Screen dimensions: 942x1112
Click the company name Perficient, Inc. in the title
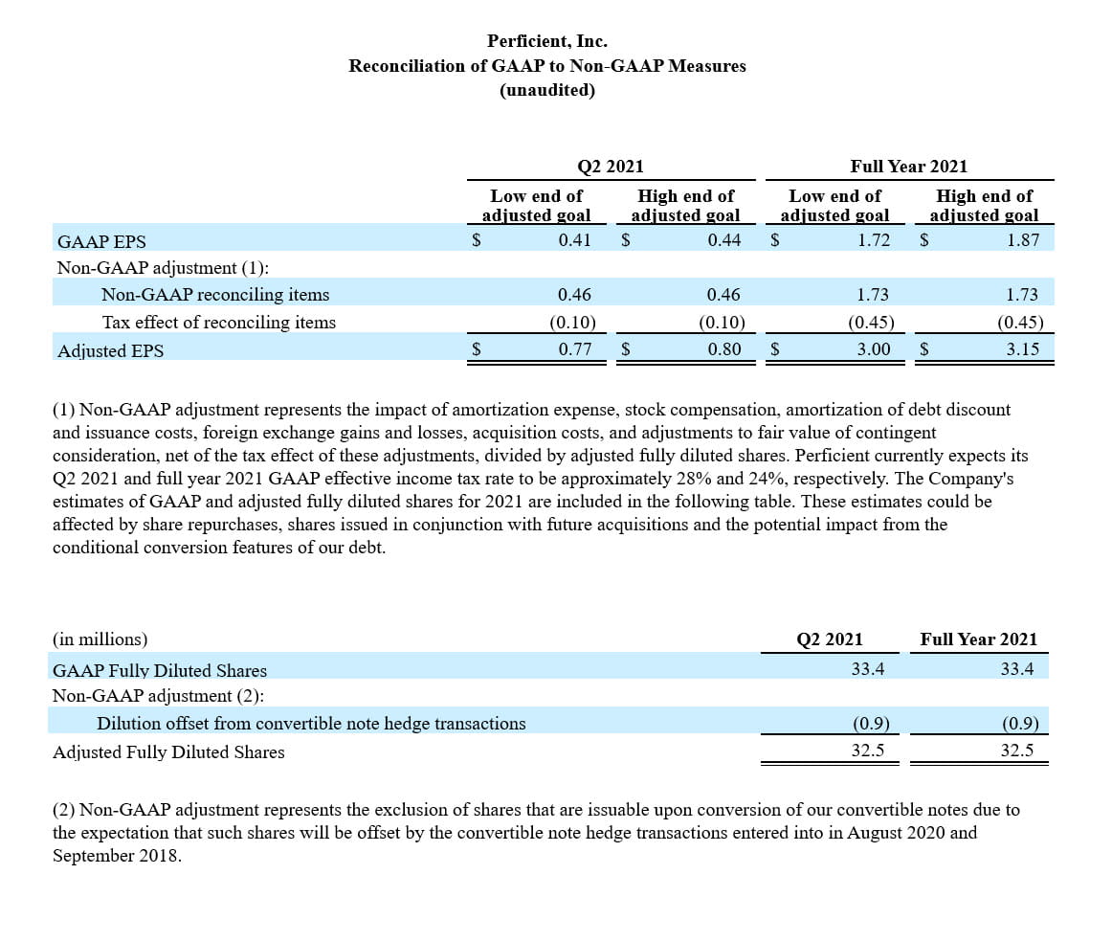(546, 41)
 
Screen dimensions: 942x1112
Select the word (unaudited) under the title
(546, 90)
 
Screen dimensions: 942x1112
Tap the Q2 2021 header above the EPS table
(611, 167)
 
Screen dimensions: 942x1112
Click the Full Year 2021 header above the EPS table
(908, 167)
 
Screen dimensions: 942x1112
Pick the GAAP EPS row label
(101, 240)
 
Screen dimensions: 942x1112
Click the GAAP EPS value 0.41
(574, 239)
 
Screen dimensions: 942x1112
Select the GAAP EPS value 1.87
(1022, 239)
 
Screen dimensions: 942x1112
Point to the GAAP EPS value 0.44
(723, 239)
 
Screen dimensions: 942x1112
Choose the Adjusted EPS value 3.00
(873, 349)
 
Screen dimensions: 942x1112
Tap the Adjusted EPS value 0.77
(574, 349)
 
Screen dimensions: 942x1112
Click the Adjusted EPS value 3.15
(1022, 349)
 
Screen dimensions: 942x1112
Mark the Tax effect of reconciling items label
(218, 323)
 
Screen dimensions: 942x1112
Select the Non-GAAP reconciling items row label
(214, 295)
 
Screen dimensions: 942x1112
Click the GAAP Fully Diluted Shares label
(160, 670)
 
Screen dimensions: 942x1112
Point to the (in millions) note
(100, 639)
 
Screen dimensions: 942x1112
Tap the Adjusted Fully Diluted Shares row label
(168, 752)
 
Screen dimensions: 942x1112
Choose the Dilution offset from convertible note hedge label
(311, 724)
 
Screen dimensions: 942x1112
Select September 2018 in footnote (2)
(115, 856)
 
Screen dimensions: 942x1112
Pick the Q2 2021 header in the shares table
(830, 639)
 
